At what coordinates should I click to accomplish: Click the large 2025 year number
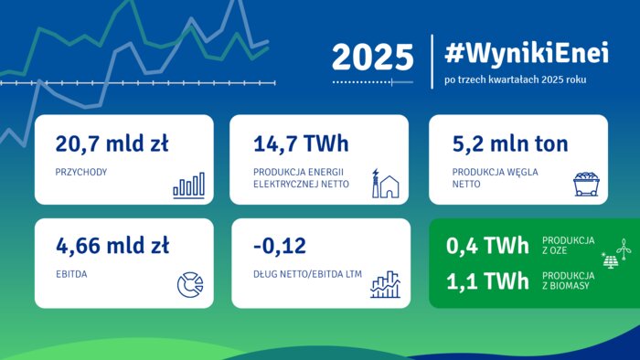point(372,57)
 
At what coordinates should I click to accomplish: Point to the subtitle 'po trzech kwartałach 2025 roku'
point(515,80)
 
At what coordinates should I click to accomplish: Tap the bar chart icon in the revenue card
point(188,185)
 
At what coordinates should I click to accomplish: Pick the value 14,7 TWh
point(300,143)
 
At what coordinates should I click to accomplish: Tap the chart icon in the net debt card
point(386,284)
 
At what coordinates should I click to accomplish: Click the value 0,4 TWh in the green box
point(487,246)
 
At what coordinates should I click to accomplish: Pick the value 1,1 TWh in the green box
point(487,281)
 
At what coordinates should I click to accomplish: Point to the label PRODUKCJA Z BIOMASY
point(567,281)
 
